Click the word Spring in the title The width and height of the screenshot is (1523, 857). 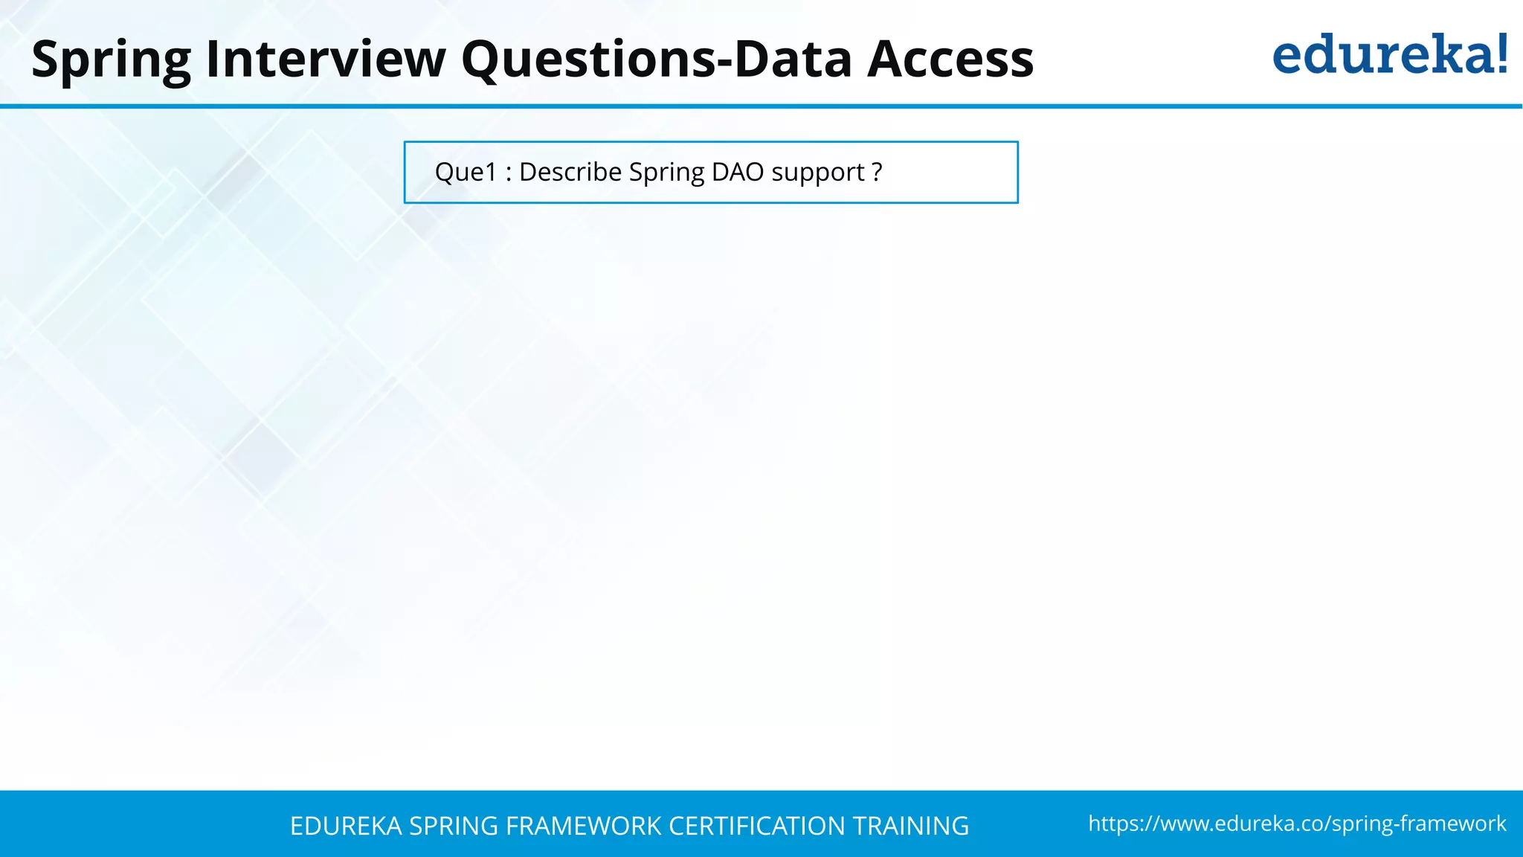pyautogui.click(x=112, y=60)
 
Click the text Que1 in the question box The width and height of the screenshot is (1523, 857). pyautogui.click(x=466, y=172)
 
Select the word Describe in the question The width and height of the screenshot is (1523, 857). pyautogui.click(x=570, y=172)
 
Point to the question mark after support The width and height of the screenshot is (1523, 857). pyautogui.click(x=877, y=172)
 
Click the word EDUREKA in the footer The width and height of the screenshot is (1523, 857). pyautogui.click(x=346, y=826)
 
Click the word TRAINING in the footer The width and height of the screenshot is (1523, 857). pyautogui.click(x=910, y=826)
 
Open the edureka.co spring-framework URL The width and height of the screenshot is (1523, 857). pyautogui.click(x=1297, y=824)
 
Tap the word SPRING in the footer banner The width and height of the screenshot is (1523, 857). pyautogui.click(x=454, y=826)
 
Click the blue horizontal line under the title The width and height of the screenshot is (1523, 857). pyautogui.click(x=761, y=106)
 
